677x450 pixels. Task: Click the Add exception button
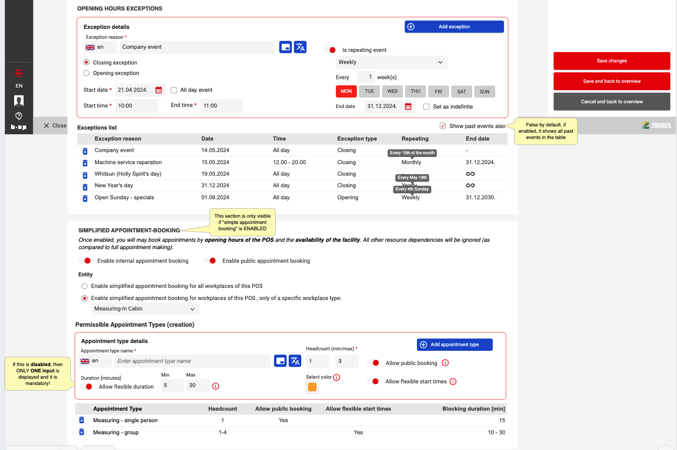point(454,27)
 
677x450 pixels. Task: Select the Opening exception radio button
point(86,73)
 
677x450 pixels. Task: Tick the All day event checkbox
point(174,90)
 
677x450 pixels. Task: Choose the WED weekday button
point(392,91)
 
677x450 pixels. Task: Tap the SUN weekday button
point(485,91)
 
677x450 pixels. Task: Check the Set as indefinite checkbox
point(427,107)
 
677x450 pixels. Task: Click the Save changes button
point(612,61)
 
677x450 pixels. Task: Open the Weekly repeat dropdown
point(391,62)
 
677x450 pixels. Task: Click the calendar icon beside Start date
point(159,90)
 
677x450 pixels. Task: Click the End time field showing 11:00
point(222,106)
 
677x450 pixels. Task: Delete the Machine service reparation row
point(85,163)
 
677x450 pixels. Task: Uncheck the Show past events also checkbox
point(443,126)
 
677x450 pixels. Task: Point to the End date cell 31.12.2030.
point(481,198)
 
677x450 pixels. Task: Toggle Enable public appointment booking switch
point(210,261)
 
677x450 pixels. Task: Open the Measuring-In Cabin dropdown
point(145,309)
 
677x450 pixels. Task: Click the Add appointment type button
point(454,345)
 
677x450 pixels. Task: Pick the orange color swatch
point(312,387)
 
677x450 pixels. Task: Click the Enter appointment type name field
point(192,361)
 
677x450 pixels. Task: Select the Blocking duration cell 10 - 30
point(496,433)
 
